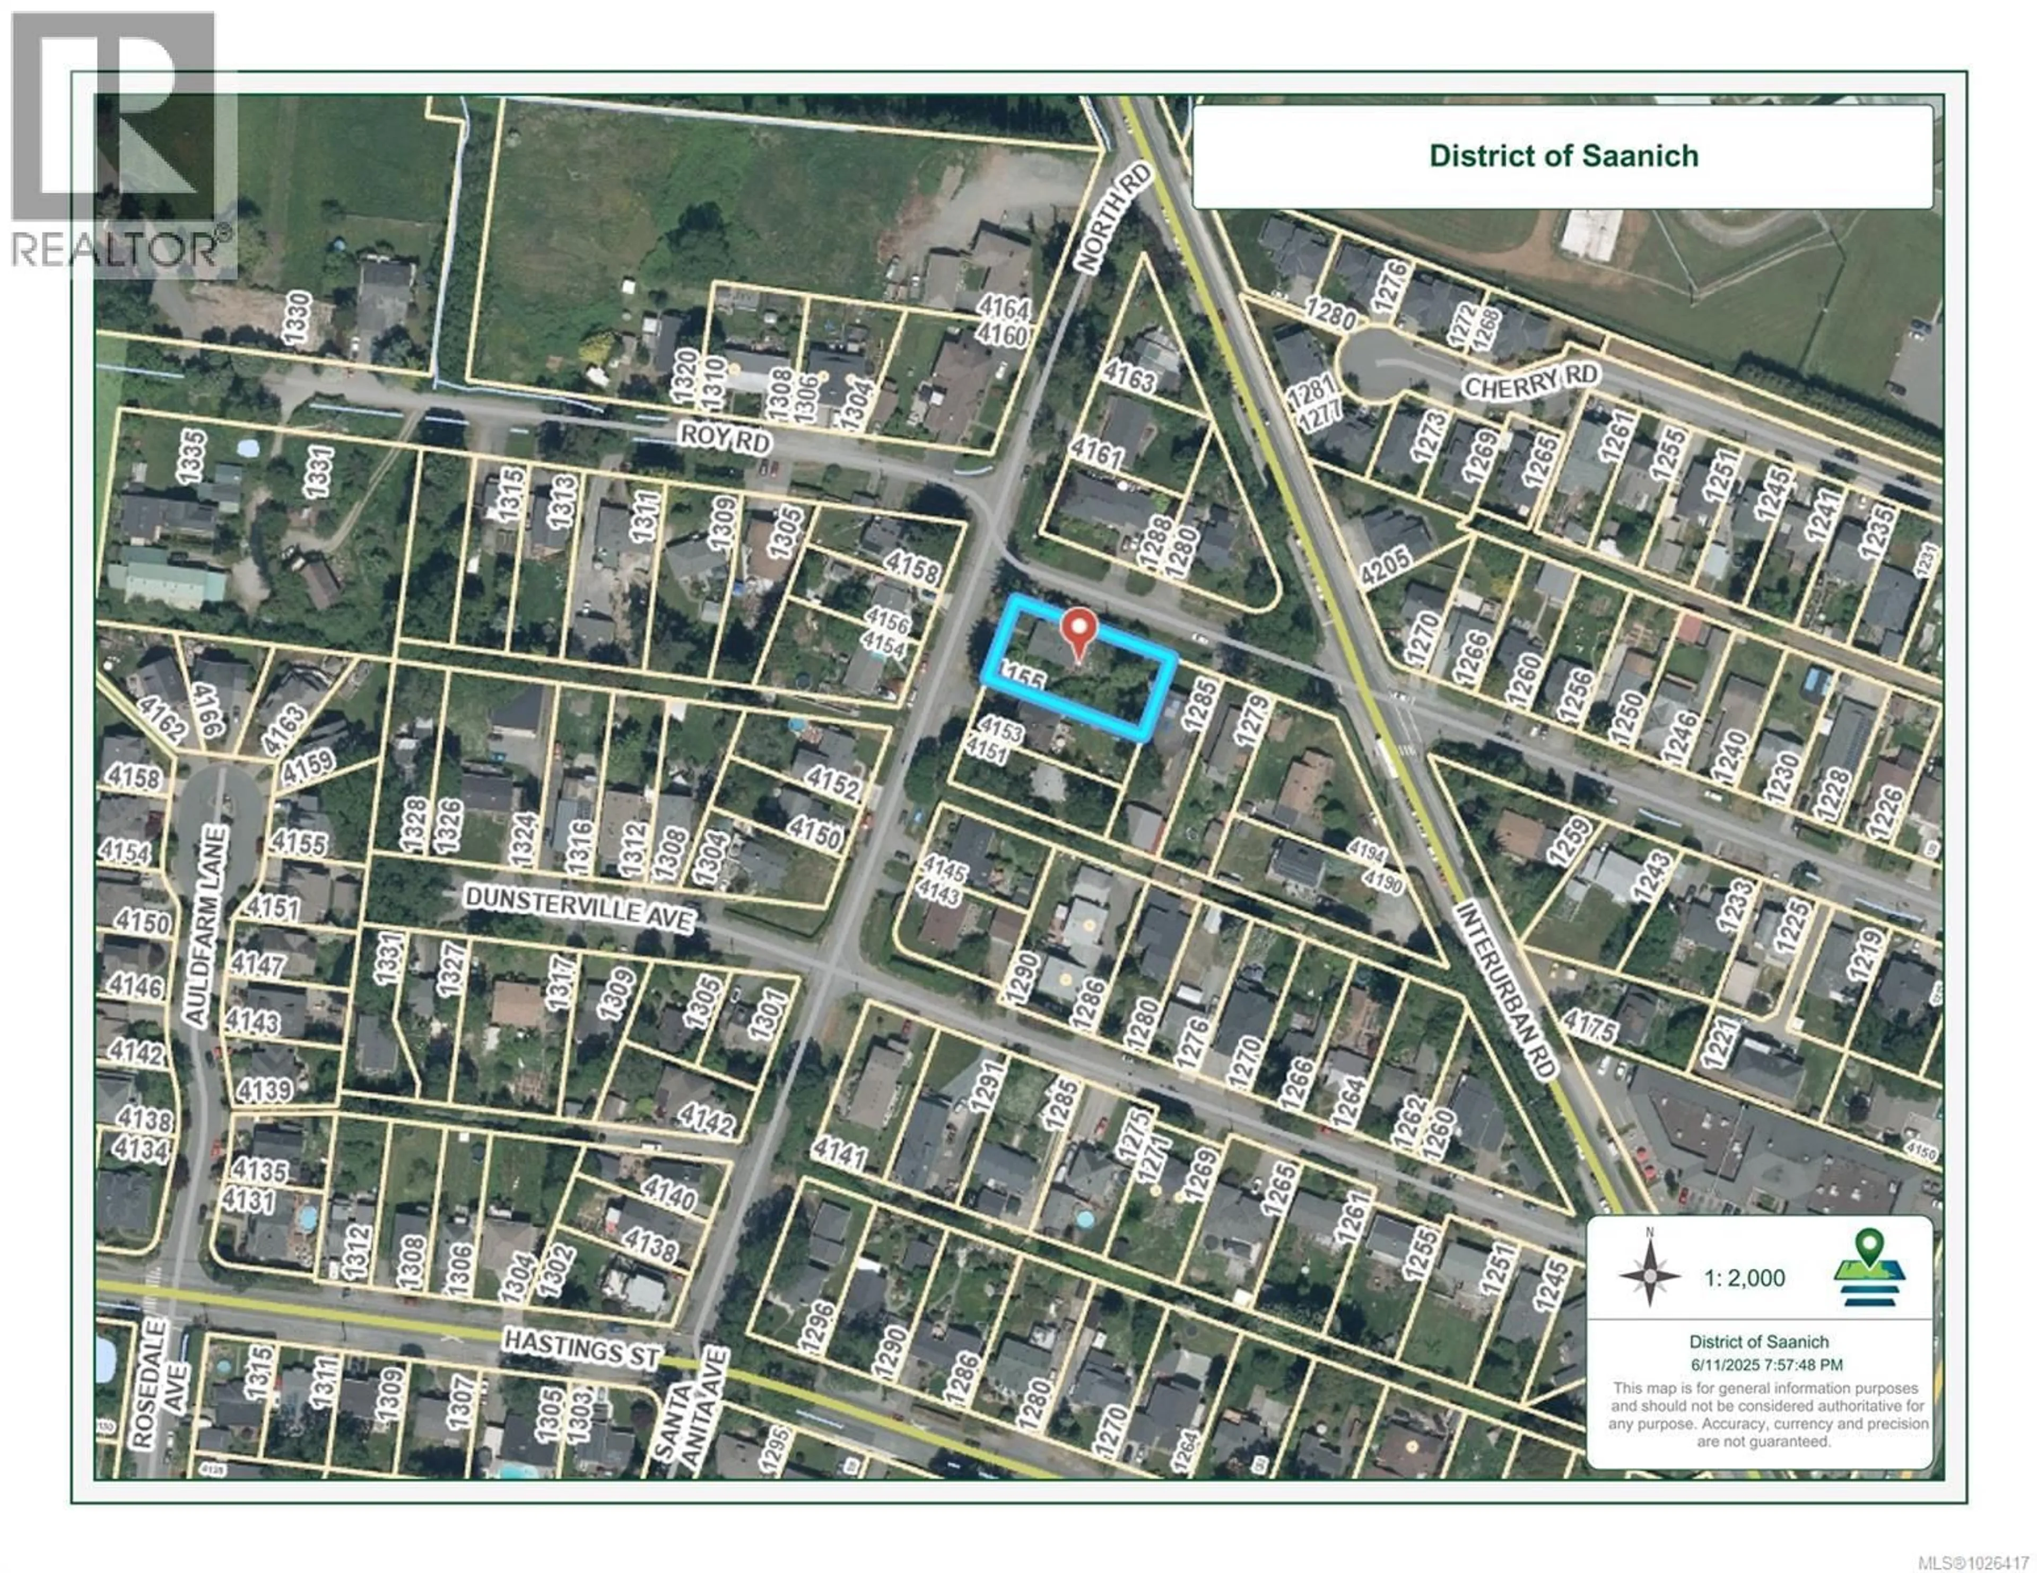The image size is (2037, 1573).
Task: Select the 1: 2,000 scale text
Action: point(1744,1277)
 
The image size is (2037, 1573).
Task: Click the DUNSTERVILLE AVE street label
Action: point(579,907)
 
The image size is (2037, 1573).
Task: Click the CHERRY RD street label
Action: point(1530,381)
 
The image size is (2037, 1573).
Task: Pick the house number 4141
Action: point(839,1154)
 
